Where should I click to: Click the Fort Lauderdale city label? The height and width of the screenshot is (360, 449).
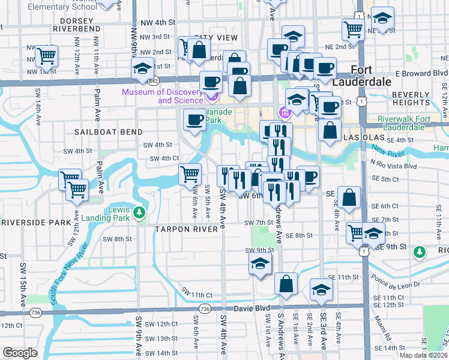370,75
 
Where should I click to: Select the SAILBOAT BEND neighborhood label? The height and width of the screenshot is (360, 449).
109,131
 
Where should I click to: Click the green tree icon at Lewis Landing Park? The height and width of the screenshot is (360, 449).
139,212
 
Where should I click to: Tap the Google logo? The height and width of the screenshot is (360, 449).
20,353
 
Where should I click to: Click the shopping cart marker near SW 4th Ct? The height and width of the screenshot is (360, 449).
190,175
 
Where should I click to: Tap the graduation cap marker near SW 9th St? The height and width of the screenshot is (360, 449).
260,264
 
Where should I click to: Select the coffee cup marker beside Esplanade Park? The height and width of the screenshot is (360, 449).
194,120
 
